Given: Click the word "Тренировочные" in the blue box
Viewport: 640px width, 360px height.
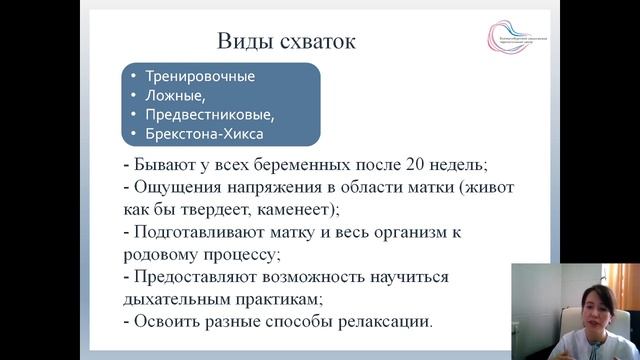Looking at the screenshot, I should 200,76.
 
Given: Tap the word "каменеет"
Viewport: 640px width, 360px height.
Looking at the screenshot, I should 300,209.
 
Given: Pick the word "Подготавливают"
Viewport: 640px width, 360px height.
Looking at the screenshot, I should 186,232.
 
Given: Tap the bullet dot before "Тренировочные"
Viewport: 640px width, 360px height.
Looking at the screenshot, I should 134,76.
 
